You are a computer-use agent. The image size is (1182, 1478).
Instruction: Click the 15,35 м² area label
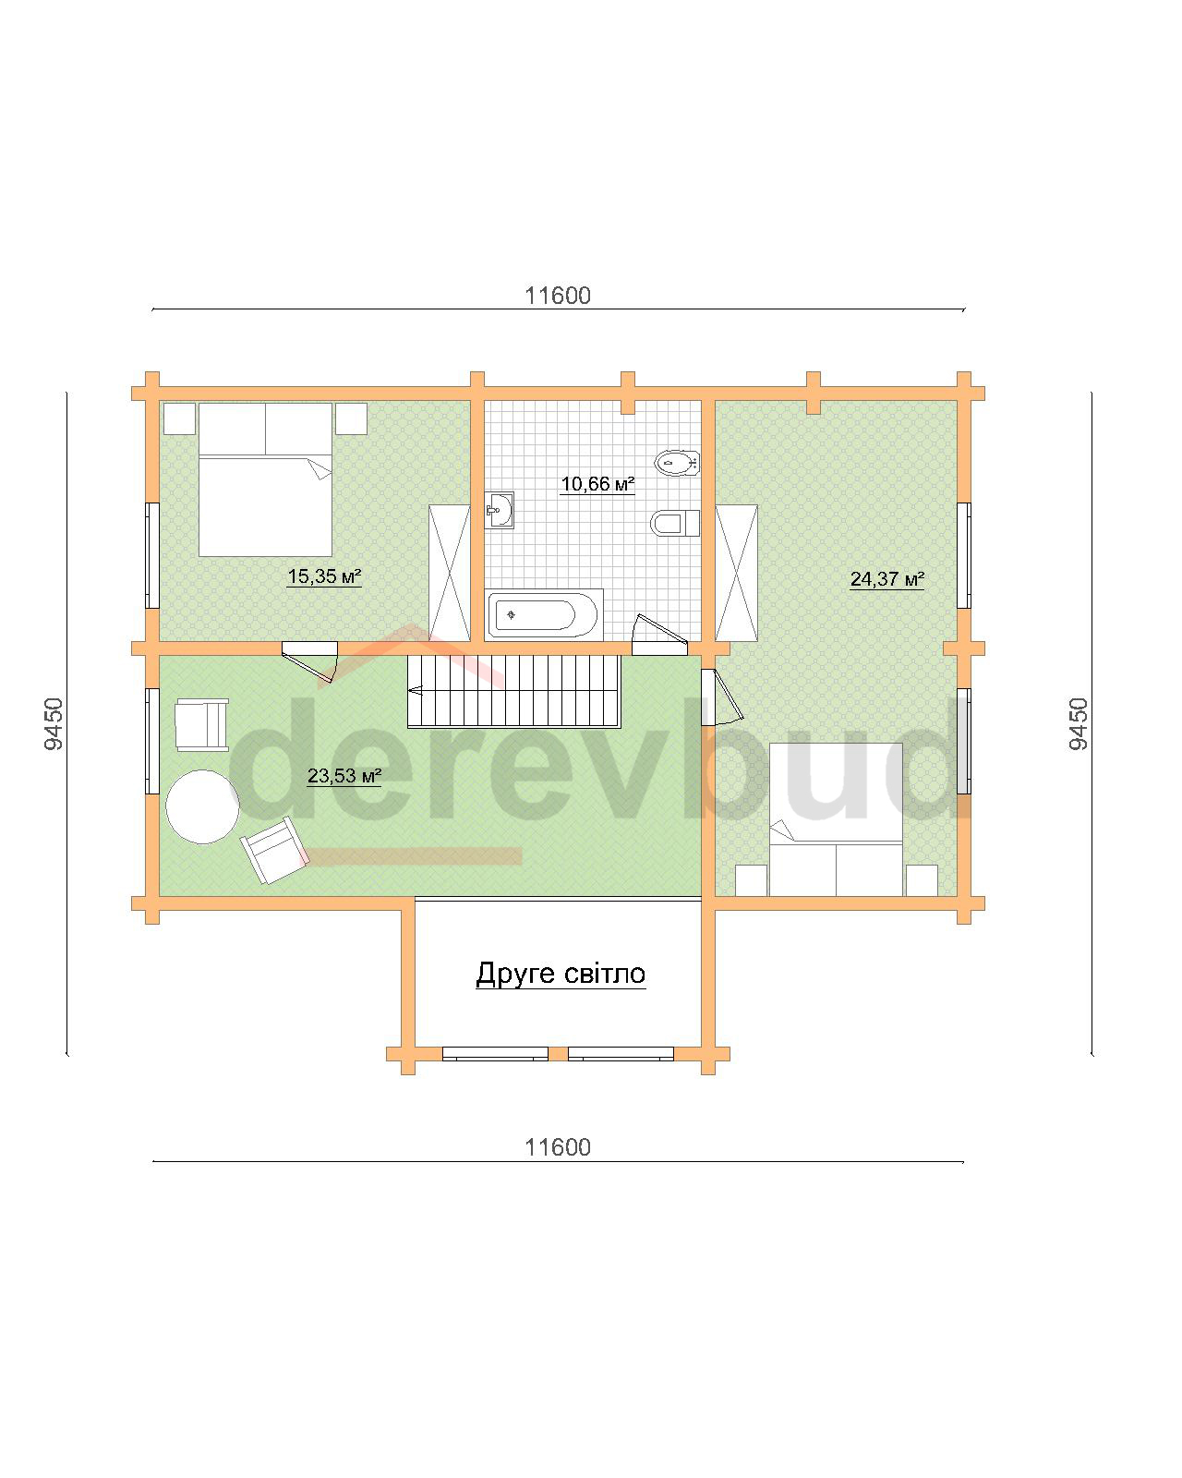click(323, 576)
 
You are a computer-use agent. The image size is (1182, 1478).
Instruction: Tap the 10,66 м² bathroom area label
click(597, 484)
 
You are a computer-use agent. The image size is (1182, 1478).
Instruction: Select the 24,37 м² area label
click(886, 579)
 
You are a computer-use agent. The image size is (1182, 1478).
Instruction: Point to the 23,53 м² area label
click(344, 776)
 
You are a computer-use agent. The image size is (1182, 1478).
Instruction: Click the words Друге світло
click(561, 974)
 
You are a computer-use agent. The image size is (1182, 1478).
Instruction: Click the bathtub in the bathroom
click(543, 614)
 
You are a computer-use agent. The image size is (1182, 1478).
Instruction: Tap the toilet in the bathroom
click(674, 524)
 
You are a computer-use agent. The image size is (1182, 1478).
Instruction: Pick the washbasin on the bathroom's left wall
click(500, 510)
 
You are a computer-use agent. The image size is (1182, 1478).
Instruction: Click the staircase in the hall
click(513, 691)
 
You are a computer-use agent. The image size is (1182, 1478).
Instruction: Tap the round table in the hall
click(202, 806)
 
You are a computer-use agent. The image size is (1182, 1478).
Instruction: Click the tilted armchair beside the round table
click(274, 850)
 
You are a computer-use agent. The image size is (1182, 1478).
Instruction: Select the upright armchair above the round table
click(201, 724)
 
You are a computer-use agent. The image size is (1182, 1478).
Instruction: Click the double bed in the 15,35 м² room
click(265, 479)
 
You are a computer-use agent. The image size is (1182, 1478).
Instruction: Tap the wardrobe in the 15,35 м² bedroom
click(449, 573)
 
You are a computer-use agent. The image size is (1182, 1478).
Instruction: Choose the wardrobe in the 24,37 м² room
click(736, 573)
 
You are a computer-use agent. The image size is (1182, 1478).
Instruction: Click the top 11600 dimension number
click(558, 296)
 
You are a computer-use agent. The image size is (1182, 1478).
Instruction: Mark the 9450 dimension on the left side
click(54, 724)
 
